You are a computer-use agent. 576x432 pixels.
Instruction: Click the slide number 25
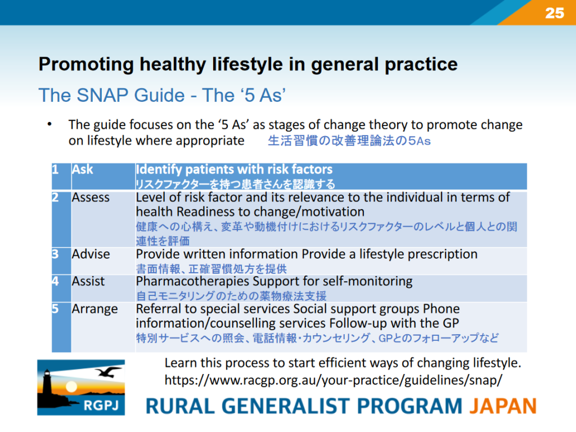(x=554, y=13)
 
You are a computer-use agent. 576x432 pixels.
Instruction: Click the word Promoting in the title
(x=86, y=65)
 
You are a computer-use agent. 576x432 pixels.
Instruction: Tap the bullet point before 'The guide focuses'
(x=49, y=124)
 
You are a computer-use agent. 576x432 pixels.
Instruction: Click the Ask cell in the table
(x=82, y=169)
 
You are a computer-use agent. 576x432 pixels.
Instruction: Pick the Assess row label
(x=91, y=197)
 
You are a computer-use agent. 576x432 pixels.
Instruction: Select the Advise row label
(x=91, y=254)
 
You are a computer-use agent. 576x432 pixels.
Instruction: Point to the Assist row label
(x=88, y=281)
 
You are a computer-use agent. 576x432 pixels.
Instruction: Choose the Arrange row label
(x=94, y=309)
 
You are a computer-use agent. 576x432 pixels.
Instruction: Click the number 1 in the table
(x=56, y=169)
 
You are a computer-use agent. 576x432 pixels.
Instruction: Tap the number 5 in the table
(x=55, y=309)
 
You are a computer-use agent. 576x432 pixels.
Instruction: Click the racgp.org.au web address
(x=333, y=380)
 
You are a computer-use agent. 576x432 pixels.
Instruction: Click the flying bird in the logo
(x=108, y=372)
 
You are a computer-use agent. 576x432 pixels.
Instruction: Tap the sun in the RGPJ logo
(x=71, y=386)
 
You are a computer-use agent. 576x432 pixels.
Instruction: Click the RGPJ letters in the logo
(x=101, y=406)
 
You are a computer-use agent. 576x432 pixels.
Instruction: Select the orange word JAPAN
(x=503, y=406)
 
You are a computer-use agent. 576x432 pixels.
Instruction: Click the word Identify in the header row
(x=159, y=170)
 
